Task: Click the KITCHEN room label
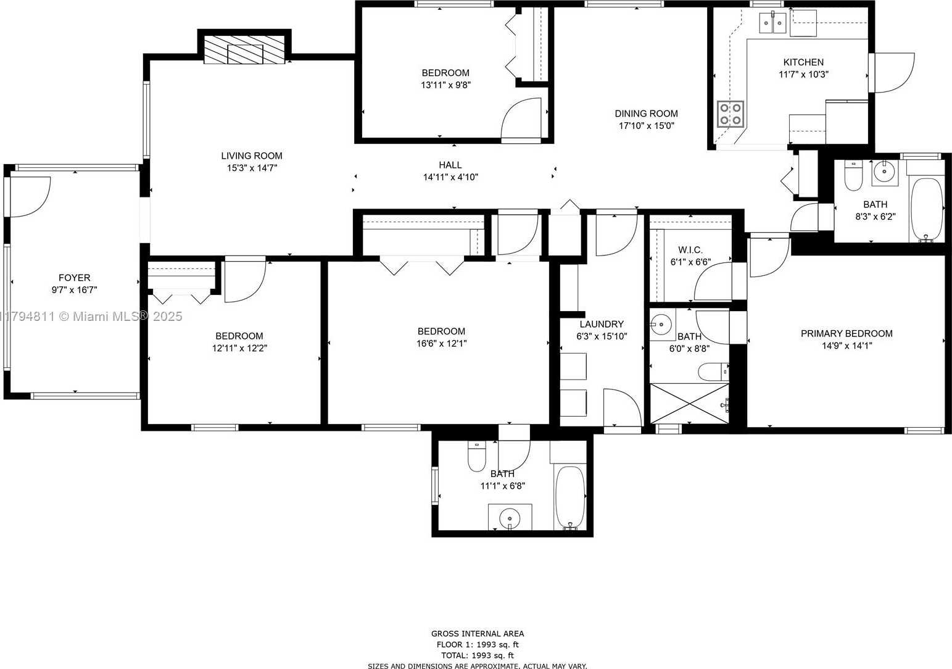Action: [803, 62]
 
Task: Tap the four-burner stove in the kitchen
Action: [730, 114]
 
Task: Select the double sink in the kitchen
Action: [773, 22]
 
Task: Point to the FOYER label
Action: [75, 278]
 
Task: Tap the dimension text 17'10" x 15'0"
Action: [647, 126]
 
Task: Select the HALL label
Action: [450, 165]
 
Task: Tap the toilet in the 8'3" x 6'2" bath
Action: [853, 175]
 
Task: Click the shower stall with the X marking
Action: [690, 404]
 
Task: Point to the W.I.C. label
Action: [690, 250]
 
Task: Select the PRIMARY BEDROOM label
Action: [846, 334]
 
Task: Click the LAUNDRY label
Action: [602, 324]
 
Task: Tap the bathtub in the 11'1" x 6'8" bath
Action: [570, 497]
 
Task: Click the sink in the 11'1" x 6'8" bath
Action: [510, 517]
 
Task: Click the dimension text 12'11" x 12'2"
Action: [240, 348]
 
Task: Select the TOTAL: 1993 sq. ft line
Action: [478, 655]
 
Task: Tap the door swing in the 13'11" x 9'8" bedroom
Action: [521, 118]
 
